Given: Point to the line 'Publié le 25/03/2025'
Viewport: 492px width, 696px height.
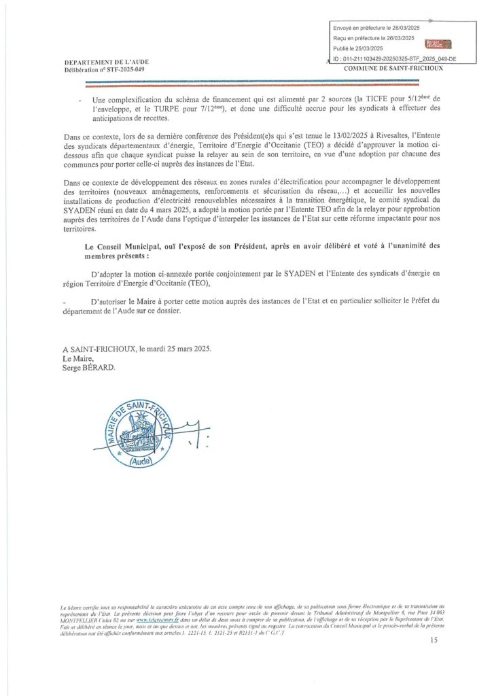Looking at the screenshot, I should (x=358, y=48).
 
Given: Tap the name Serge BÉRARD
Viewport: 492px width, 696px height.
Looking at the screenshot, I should (x=89, y=367).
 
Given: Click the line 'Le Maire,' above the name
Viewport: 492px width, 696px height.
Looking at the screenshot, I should (x=75, y=358).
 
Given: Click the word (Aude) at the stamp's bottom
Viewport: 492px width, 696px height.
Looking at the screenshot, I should (x=127, y=460).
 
